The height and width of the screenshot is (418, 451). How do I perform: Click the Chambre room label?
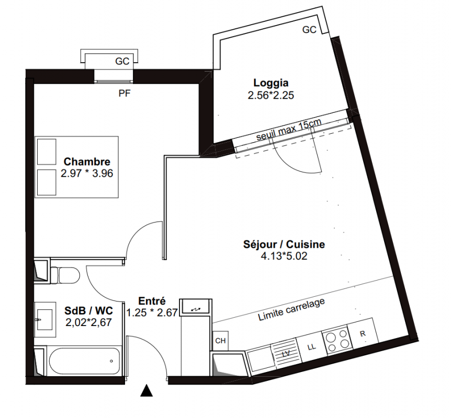[87, 161]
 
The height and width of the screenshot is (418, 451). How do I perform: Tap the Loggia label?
[270, 83]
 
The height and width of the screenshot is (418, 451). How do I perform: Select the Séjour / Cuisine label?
[284, 244]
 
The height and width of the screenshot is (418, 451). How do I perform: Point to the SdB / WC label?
[88, 310]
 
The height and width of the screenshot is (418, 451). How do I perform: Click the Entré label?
[152, 301]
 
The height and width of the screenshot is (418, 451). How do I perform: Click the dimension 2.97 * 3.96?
[87, 173]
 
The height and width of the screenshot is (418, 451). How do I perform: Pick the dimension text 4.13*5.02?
[284, 256]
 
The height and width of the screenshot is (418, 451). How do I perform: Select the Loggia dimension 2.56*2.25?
[270, 95]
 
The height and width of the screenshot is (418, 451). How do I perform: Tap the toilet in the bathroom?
[65, 275]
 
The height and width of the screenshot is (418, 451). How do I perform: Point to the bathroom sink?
[45, 319]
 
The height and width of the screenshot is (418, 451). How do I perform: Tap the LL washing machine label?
[311, 347]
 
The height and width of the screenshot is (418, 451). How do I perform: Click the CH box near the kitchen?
[221, 341]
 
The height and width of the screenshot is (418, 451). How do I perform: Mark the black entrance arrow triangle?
[146, 391]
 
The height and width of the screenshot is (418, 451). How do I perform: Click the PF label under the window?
[125, 94]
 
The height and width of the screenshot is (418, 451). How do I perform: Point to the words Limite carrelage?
[291, 309]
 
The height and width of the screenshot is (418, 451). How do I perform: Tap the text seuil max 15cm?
[288, 130]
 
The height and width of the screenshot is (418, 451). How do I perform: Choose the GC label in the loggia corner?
[309, 29]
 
